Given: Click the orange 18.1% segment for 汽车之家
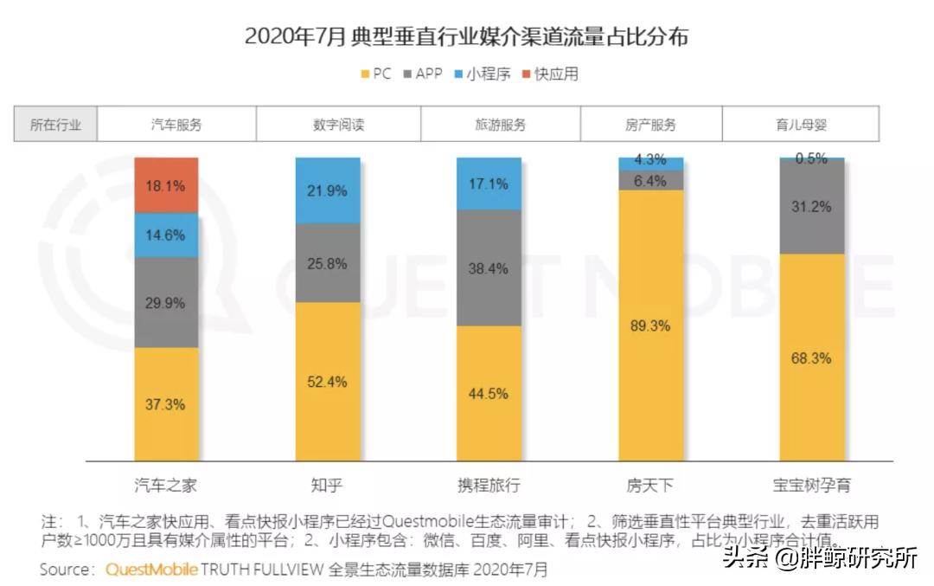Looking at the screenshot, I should (166, 184).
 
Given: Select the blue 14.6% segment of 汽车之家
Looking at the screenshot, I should (166, 235).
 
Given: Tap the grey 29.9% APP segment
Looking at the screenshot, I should (166, 301).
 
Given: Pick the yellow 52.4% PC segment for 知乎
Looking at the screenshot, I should (327, 381).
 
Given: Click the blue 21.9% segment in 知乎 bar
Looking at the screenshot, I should (327, 190).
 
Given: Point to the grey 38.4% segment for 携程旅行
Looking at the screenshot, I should (489, 267).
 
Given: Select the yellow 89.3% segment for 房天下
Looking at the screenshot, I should (651, 325).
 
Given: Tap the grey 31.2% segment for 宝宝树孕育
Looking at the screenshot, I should (812, 207).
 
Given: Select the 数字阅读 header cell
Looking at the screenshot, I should (338, 124).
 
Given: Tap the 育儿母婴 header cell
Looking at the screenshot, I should (801, 124).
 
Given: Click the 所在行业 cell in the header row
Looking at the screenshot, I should (55, 124).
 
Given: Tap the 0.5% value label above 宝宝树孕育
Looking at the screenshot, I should (812, 158).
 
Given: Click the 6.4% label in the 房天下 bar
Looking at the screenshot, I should (651, 181).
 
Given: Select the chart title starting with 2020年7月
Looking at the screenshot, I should (466, 36).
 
